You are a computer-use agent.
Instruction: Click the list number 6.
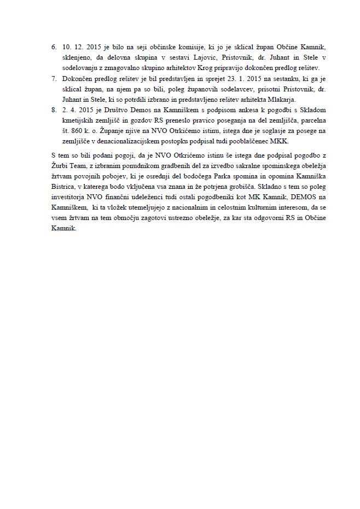[x=53, y=48]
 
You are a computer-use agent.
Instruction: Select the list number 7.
[x=53, y=79]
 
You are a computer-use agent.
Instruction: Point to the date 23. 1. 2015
[x=220, y=79]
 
